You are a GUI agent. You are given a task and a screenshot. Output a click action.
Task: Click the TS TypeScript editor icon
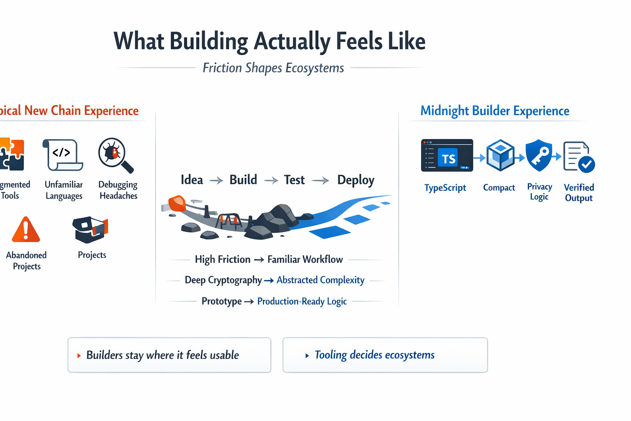pos(447,155)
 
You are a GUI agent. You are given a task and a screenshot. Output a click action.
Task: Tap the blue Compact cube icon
pos(500,155)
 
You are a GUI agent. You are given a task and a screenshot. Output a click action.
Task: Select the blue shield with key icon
pos(539,155)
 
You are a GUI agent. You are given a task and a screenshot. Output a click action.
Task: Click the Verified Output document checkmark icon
pos(578,157)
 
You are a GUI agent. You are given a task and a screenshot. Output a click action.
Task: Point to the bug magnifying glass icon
pos(115,155)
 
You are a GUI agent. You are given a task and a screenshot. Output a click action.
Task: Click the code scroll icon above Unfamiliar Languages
pos(63,155)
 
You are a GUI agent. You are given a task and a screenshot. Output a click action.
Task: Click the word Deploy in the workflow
pos(356,180)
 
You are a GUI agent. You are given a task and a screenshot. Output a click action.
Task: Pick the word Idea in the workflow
pos(192,180)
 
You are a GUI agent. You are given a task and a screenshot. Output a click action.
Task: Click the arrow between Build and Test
pos(271,180)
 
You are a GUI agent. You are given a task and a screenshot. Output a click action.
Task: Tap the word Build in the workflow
pos(243,180)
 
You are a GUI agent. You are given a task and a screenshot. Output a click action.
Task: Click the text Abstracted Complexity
pos(320,280)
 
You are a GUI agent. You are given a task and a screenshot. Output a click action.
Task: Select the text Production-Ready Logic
pos(302,301)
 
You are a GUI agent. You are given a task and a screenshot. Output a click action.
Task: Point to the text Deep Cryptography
pos(223,280)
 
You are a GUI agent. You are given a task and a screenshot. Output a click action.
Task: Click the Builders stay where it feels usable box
pos(169,355)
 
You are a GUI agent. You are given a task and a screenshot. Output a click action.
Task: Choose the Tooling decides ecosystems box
pos(385,355)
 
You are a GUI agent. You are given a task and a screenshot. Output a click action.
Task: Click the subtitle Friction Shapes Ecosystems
pos(273,68)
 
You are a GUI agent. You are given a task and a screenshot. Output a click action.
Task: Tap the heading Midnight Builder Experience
pos(495,111)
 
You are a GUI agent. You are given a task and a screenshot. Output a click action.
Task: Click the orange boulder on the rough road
pos(177,203)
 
